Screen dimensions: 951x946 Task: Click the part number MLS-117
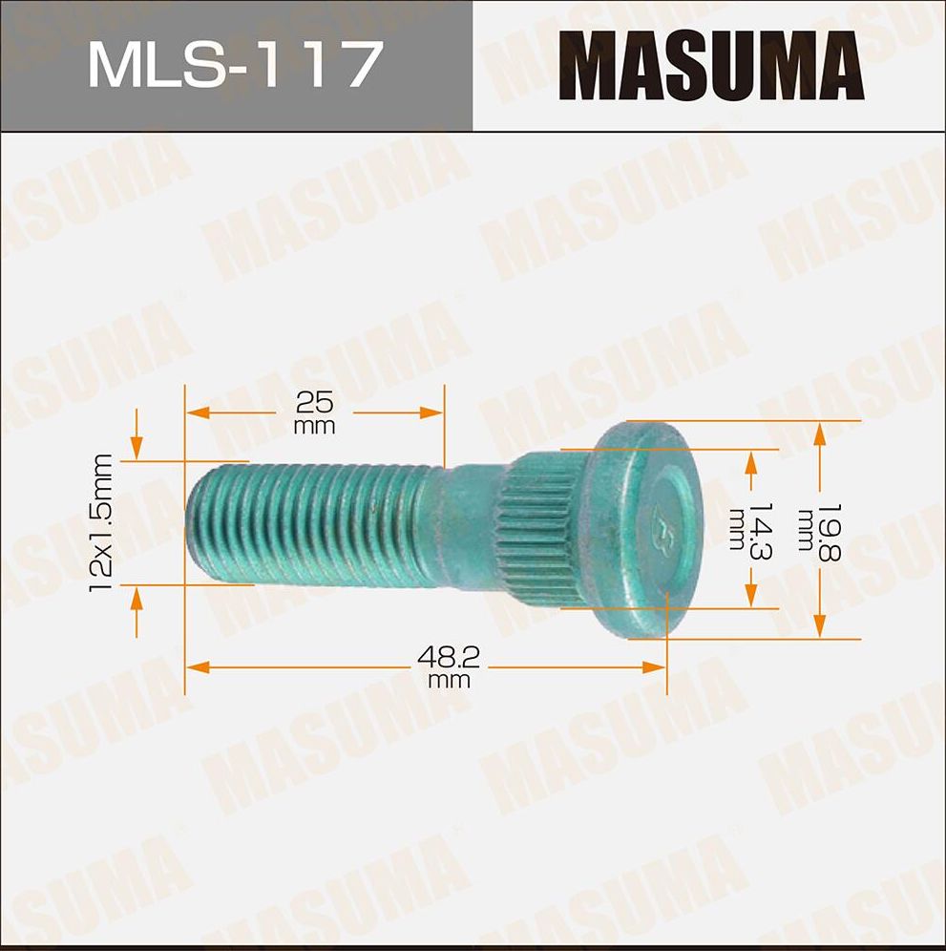point(235,66)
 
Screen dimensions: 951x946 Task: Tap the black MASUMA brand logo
point(710,66)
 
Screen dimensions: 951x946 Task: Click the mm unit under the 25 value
point(314,426)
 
